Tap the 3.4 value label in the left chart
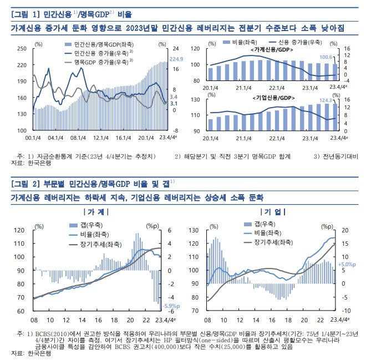[173, 97]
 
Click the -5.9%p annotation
[169, 306]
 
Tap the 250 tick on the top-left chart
[22, 49]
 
